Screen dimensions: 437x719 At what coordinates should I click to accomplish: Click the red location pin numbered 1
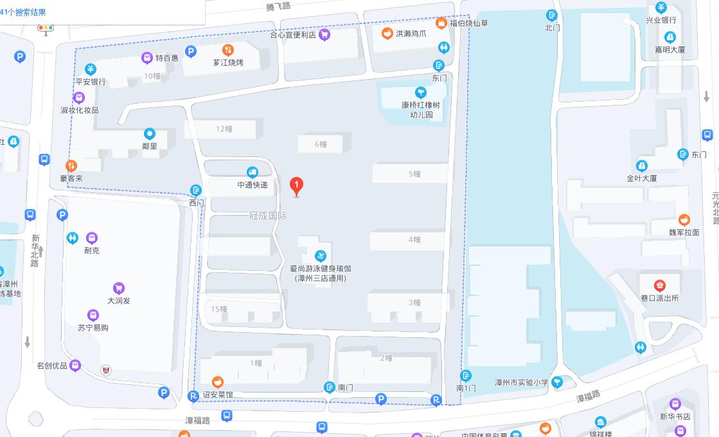296,185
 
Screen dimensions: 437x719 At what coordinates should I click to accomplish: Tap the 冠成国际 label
268,216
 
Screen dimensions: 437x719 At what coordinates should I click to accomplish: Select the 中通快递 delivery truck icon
252,172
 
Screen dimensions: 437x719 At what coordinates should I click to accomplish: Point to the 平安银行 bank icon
91,70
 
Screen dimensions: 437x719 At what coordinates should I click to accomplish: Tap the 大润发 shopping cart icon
118,288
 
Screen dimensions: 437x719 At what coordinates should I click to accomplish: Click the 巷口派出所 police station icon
659,286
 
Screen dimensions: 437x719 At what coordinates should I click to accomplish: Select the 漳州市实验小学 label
521,382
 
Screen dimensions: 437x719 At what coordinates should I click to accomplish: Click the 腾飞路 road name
278,6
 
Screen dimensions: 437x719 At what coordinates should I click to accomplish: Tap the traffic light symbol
46,28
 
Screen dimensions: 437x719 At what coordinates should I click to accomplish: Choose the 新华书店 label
675,416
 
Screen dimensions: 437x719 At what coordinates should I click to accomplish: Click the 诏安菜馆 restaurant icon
218,382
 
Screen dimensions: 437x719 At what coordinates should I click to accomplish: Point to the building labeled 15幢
219,309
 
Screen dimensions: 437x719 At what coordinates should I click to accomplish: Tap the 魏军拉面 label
684,232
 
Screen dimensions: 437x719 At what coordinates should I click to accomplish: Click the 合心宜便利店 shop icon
324,35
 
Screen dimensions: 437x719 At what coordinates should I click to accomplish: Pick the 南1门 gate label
466,388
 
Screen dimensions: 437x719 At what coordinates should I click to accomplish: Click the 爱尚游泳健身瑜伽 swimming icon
321,256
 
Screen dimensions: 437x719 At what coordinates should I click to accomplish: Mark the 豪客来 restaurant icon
71,165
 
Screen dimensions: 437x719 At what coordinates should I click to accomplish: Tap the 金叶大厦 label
642,178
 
